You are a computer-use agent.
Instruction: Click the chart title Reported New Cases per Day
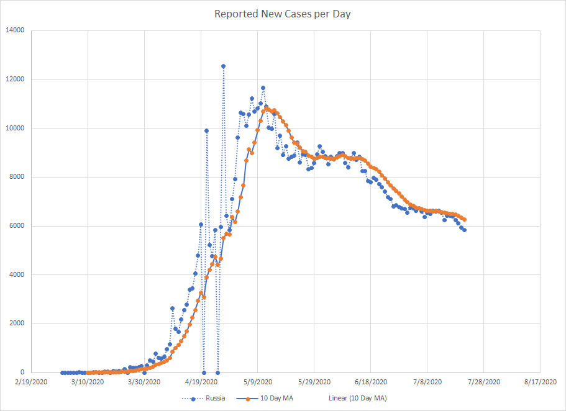coord(283,14)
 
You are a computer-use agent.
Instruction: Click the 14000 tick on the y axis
coord(15,30)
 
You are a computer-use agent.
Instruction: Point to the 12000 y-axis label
coord(15,79)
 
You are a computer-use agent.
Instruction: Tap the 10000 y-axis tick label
coord(15,129)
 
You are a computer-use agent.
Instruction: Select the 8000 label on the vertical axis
coord(17,177)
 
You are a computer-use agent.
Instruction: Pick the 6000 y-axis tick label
coord(17,226)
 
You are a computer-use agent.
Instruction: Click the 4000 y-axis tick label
coord(17,275)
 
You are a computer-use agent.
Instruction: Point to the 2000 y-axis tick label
coord(17,323)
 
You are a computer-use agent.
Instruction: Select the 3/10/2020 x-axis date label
coord(88,382)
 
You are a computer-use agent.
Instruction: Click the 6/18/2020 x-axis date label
coord(370,382)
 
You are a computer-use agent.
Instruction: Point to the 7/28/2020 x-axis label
coord(483,382)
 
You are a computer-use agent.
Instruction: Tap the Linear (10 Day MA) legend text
coord(357,398)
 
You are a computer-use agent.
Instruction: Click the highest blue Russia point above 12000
coord(223,66)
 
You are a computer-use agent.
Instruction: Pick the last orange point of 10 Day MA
coord(464,220)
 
